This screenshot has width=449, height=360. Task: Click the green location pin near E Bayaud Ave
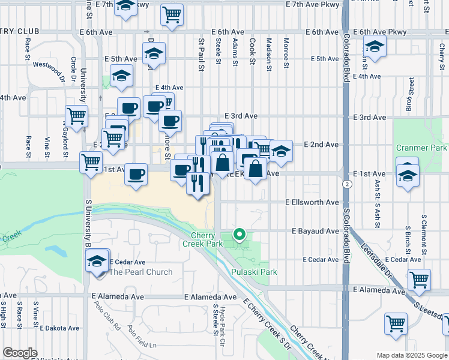click(240, 235)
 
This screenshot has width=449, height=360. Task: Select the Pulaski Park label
click(254, 272)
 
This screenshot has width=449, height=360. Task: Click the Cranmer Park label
click(421, 148)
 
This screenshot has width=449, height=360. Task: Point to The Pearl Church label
click(140, 272)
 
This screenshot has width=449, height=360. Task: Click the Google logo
click(20, 353)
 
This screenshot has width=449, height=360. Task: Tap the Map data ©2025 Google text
click(411, 355)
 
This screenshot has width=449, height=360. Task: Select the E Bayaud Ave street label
click(315, 231)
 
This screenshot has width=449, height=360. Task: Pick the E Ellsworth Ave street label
click(312, 203)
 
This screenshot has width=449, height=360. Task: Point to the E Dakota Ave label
click(59, 328)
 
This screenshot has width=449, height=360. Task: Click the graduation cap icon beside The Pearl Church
click(97, 262)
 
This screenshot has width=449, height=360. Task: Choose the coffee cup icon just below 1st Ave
click(135, 175)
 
